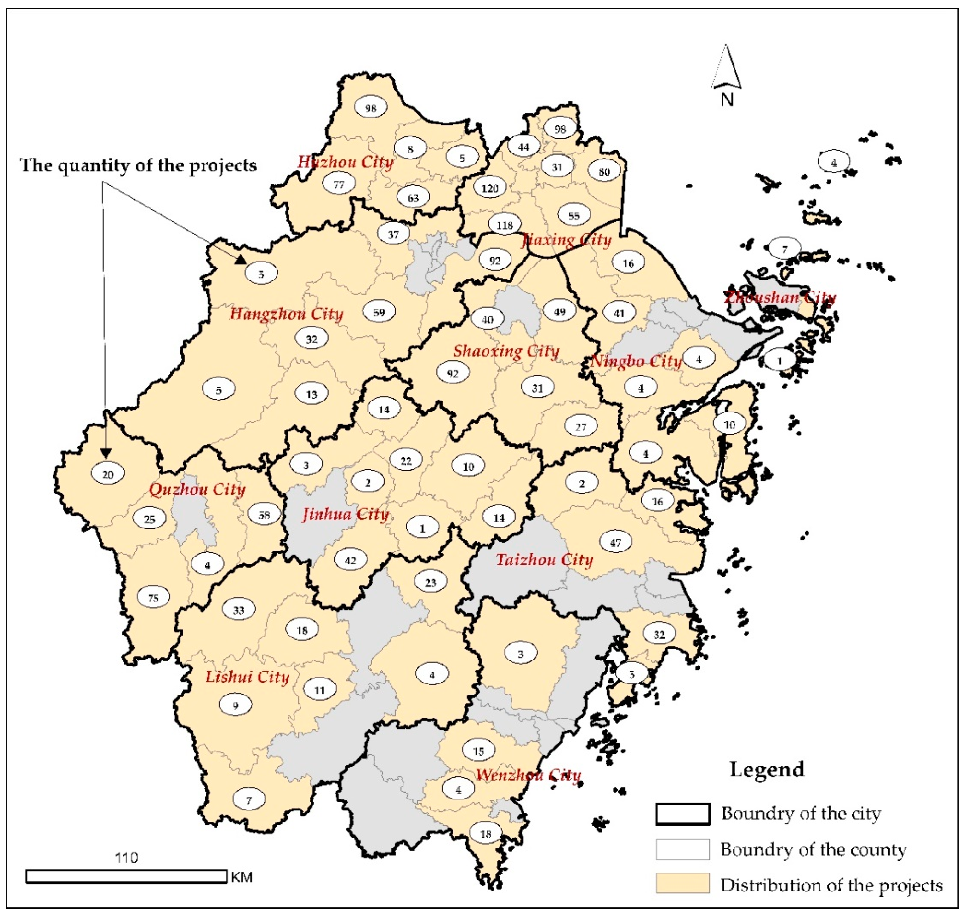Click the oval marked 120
(489, 188)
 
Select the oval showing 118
(505, 225)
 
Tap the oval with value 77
(339, 184)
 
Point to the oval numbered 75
(153, 598)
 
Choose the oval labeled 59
(379, 312)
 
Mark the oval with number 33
(238, 610)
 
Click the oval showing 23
(431, 582)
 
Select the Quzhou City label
(197, 489)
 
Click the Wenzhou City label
(528, 775)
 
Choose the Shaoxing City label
(506, 351)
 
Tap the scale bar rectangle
(126, 876)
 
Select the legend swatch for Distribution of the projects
(682, 884)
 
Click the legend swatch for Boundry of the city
(682, 814)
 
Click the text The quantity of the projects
(138, 166)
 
